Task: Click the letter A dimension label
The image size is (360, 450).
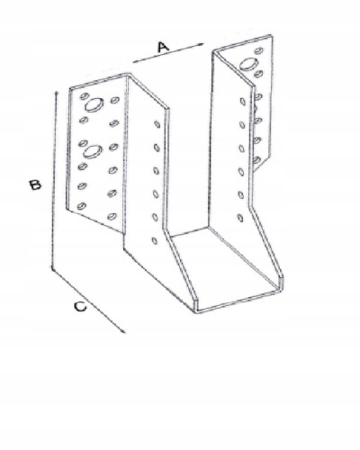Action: (x=163, y=47)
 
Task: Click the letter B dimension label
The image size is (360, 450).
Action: (x=35, y=184)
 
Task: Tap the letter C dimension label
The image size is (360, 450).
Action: (x=80, y=307)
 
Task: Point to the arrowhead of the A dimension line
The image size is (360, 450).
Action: (x=201, y=44)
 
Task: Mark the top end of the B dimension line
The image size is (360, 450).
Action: (x=56, y=93)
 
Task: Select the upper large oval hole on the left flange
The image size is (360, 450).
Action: (x=94, y=105)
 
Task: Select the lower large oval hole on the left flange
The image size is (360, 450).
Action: (x=93, y=151)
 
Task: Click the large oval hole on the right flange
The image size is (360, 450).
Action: (x=249, y=64)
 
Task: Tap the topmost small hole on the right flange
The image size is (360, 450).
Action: (x=258, y=50)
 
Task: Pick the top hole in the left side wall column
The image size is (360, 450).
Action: (x=157, y=124)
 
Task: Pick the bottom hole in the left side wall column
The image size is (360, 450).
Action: (x=155, y=240)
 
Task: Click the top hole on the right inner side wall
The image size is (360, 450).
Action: (x=242, y=102)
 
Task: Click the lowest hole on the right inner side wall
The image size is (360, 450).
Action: (x=240, y=218)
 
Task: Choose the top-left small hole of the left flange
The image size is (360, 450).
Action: (x=85, y=96)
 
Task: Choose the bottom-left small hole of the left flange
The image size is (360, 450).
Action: (x=82, y=206)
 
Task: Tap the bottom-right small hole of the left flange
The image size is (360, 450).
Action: (x=112, y=216)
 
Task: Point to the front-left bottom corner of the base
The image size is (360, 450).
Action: (x=196, y=312)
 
